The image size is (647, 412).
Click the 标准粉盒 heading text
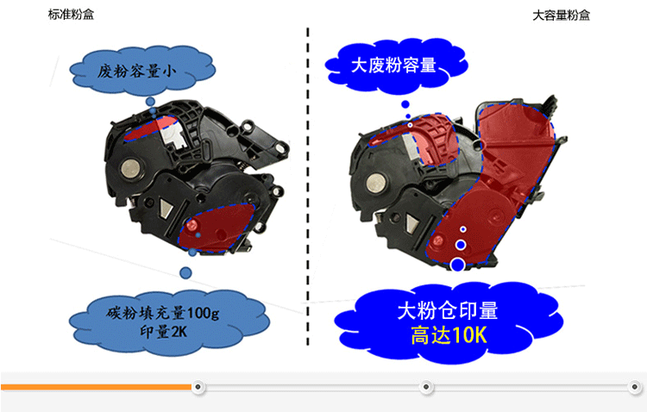coord(71,15)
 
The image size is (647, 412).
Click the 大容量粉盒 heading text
coord(562,16)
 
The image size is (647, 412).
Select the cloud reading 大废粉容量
coord(396,66)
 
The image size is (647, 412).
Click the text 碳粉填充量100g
coord(162,313)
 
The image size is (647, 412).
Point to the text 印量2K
coord(163,331)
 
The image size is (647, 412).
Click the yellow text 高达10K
coord(449,335)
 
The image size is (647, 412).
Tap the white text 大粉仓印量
coord(448,310)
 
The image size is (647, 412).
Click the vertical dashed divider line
coord(308,186)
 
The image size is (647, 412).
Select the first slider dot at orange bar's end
coord(198,387)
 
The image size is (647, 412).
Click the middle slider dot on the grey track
coord(426,387)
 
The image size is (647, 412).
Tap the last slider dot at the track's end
coord(635,387)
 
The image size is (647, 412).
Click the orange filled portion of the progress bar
coord(97,387)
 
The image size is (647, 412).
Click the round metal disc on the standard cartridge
coord(131,169)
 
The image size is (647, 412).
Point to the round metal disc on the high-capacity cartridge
coord(375,183)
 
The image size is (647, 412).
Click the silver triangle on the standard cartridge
coord(165,208)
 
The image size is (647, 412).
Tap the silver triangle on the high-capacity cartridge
coord(412,223)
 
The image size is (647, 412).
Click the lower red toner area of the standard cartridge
coord(217,228)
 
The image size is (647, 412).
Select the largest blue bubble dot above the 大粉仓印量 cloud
coord(457,265)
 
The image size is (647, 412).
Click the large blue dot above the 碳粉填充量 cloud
coord(185,272)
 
